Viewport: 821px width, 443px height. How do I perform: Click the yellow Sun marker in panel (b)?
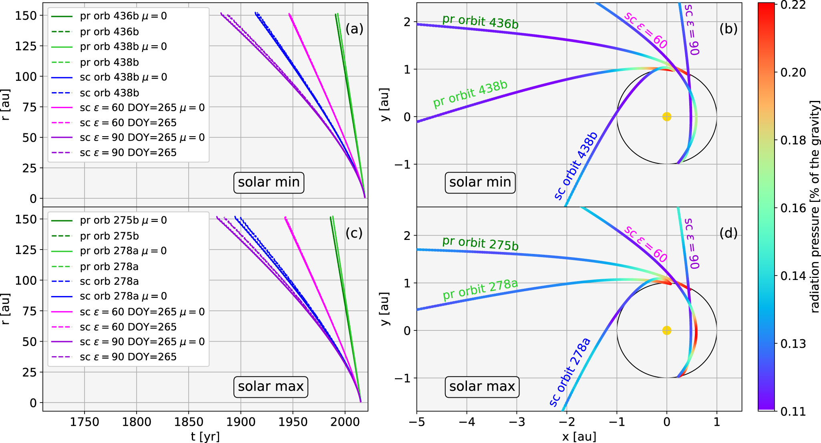pyautogui.click(x=666, y=117)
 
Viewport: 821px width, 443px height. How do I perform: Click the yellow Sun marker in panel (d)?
pyautogui.click(x=666, y=330)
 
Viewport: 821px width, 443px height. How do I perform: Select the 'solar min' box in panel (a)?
pyautogui.click(x=269, y=182)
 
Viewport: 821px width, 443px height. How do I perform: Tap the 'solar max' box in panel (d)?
pyautogui.click(x=482, y=387)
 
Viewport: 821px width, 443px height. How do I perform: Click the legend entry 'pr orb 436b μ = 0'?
pyautogui.click(x=123, y=16)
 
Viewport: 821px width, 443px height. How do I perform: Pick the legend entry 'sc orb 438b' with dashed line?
pyautogui.click(x=109, y=93)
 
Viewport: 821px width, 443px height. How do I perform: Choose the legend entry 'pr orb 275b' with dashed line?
pyautogui.click(x=109, y=236)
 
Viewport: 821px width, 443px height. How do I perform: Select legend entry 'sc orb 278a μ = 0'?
pyautogui.click(x=123, y=296)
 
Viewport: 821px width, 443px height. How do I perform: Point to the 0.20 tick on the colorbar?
pyautogui.click(x=793, y=72)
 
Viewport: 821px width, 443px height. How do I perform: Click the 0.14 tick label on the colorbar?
pyautogui.click(x=793, y=276)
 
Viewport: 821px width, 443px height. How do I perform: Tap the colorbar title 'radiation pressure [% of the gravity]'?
pyautogui.click(x=815, y=206)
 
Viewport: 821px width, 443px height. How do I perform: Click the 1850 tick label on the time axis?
pyautogui.click(x=189, y=422)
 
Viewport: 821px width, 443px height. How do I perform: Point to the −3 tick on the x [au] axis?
pyautogui.click(x=517, y=422)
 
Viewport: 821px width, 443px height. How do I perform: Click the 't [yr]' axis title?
pyautogui.click(x=205, y=437)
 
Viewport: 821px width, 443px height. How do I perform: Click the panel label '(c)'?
pyautogui.click(x=354, y=233)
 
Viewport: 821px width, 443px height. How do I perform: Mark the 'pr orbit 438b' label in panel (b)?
pyautogui.click(x=470, y=94)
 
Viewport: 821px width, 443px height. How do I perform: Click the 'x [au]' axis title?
pyautogui.click(x=579, y=437)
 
